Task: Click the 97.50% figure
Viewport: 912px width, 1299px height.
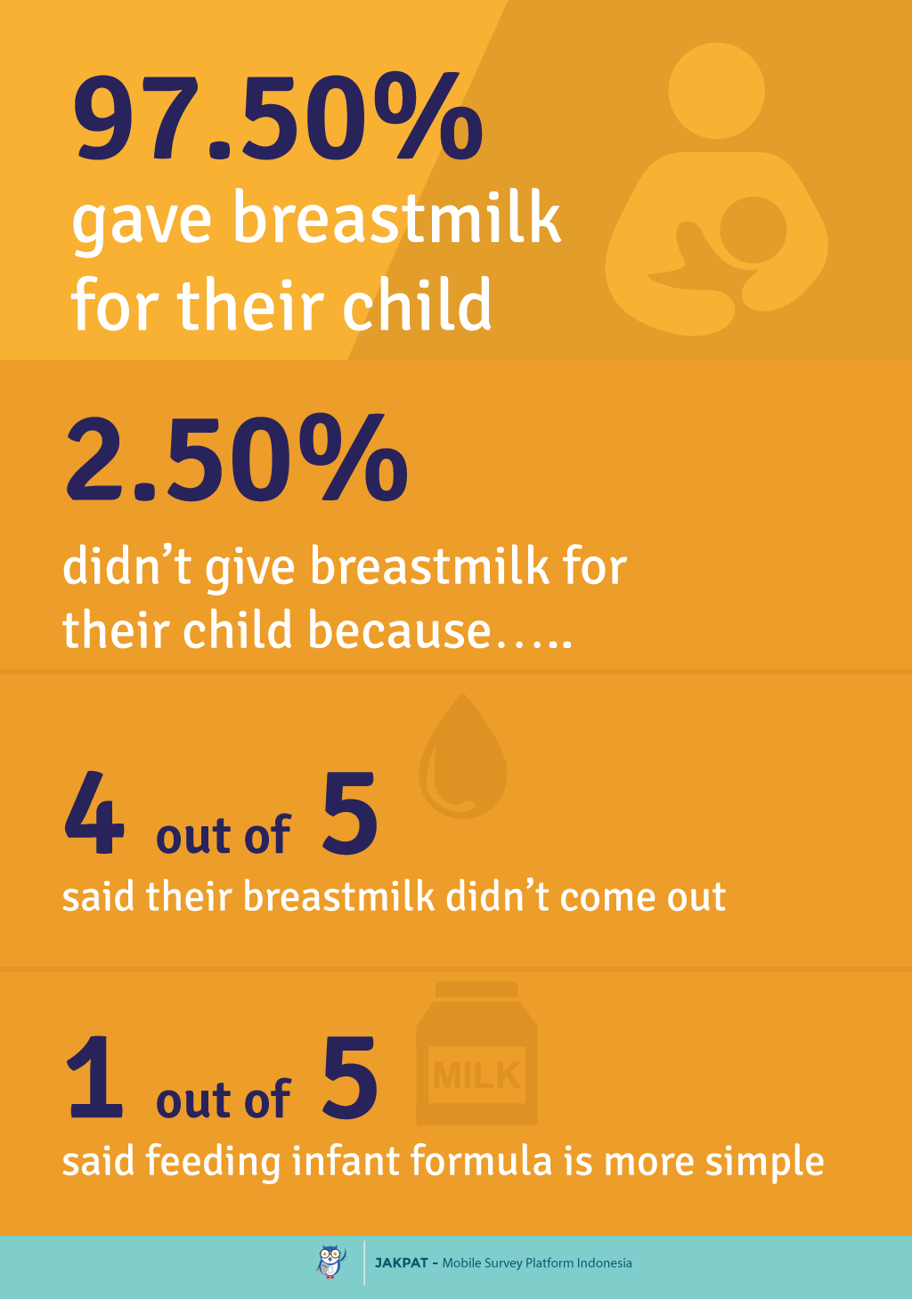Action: click(x=277, y=116)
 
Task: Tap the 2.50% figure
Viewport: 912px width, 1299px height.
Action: click(x=237, y=457)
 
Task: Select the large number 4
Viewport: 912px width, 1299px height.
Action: click(x=94, y=813)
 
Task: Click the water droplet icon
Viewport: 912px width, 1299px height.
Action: click(x=463, y=755)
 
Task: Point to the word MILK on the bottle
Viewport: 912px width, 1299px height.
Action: click(x=476, y=1076)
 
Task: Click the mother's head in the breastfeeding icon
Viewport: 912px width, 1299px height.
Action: click(x=716, y=91)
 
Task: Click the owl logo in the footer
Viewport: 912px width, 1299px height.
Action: click(x=331, y=1262)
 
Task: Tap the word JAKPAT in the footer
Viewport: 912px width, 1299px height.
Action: click(x=402, y=1263)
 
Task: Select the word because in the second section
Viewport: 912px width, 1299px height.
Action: click(x=400, y=629)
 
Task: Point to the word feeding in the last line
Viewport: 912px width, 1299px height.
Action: click(x=213, y=1162)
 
